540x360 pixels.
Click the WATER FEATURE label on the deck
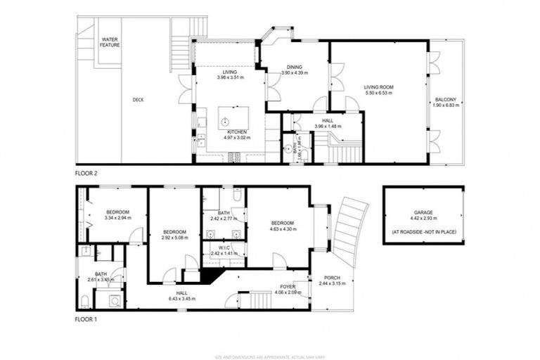pyautogui.click(x=110, y=42)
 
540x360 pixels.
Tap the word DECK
pyautogui.click(x=139, y=100)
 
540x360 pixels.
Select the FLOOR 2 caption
pyautogui.click(x=88, y=172)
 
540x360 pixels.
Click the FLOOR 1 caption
pyautogui.click(x=88, y=319)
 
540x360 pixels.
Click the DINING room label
pyautogui.click(x=295, y=69)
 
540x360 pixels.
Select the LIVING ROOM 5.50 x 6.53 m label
pyautogui.click(x=378, y=89)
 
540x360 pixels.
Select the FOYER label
pyautogui.click(x=288, y=288)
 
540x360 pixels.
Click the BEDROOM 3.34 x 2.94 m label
pyautogui.click(x=118, y=214)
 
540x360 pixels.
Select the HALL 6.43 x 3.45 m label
pyautogui.click(x=181, y=296)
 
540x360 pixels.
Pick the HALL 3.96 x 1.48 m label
pyautogui.click(x=328, y=123)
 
